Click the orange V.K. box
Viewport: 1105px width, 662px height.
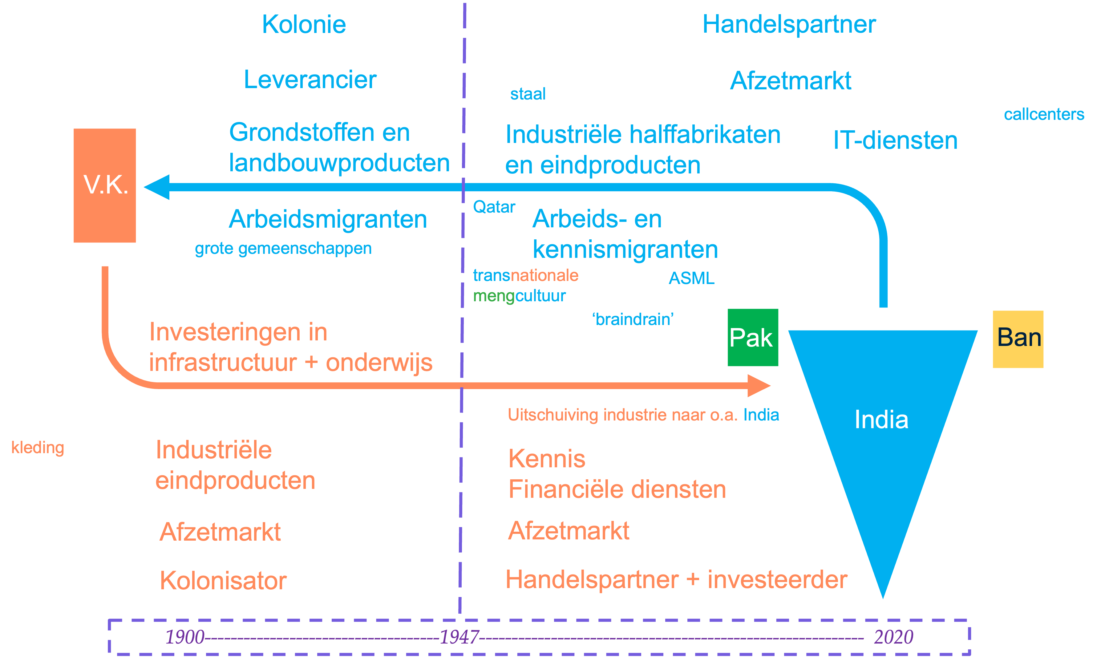coord(105,185)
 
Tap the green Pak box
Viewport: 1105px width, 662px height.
coord(753,337)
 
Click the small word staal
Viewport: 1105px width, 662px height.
coord(528,94)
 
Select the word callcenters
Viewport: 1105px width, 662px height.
coord(1044,115)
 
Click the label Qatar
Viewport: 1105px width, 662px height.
coord(494,207)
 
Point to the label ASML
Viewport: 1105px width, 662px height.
coord(691,278)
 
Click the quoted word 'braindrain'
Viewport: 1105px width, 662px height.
coord(633,319)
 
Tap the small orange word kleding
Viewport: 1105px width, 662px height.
coord(38,447)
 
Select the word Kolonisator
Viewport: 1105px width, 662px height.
coord(223,580)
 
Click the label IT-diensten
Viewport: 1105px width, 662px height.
coord(895,140)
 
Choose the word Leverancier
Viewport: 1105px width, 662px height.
coord(310,80)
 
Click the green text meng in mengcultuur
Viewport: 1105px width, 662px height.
coord(494,296)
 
